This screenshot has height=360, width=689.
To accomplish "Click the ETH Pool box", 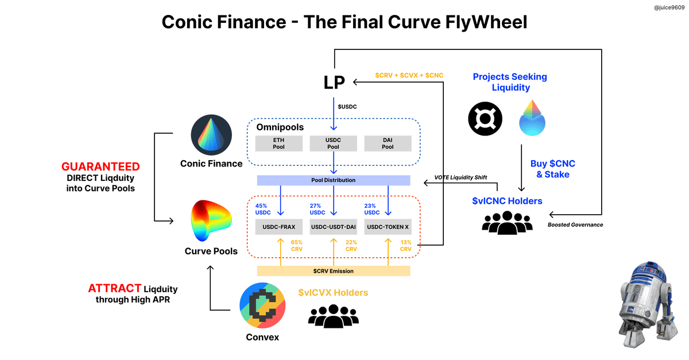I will coord(278,143).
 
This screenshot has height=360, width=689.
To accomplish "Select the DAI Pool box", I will coord(388,143).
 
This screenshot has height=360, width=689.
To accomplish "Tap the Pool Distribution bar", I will coord(333,180).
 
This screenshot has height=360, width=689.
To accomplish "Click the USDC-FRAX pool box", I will coord(278,226).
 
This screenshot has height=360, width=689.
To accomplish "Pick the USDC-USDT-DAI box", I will coord(334,226).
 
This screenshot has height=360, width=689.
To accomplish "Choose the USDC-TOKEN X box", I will coord(388,226).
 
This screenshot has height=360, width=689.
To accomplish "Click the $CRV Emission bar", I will coord(333,271).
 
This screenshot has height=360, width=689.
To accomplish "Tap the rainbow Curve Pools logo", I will coord(211,221).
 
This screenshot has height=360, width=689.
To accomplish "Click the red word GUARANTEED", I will coord(100,167).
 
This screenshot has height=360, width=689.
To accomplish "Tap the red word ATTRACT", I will coord(115,288).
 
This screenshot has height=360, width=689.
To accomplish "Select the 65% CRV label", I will coord(296,246).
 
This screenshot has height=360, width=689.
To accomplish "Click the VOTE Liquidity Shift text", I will coord(460,177).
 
